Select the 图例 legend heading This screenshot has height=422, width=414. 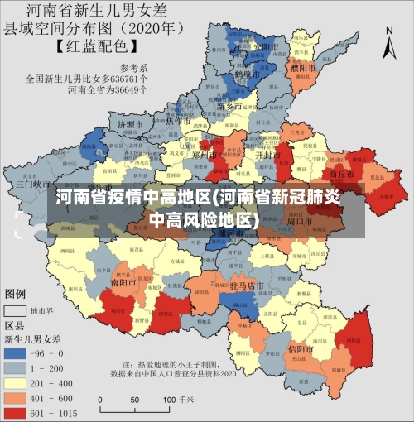point(17,294)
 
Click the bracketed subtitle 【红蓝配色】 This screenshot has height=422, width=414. point(94,46)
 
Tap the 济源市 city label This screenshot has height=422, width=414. point(131,125)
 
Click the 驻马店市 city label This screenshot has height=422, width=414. point(246,285)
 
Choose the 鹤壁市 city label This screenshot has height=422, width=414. point(246,74)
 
